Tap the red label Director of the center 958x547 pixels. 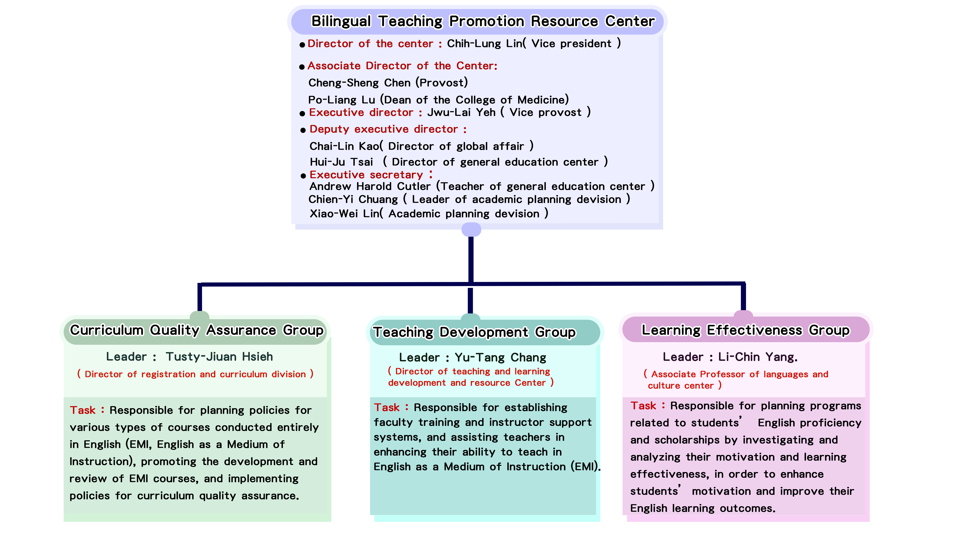(370, 44)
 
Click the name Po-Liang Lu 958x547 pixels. (341, 100)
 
